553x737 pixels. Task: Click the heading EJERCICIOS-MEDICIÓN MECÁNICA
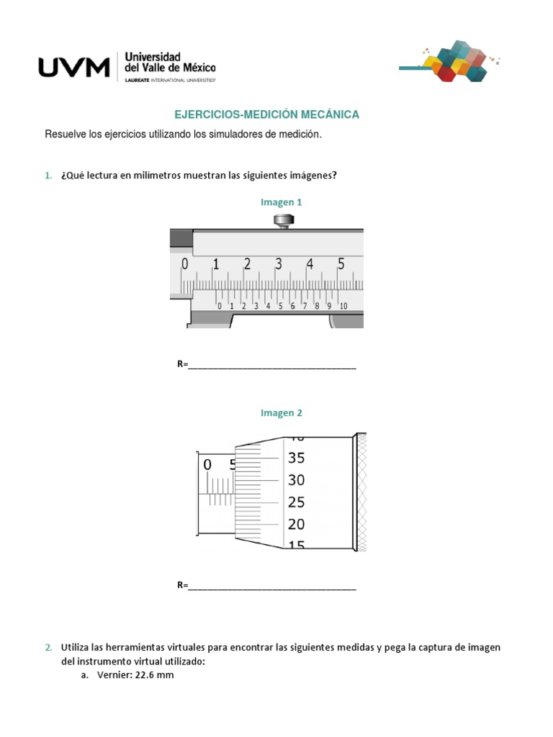click(267, 114)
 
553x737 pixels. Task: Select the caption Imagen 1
click(282, 202)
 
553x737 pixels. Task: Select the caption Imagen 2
click(282, 413)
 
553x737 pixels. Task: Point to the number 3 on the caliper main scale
click(278, 264)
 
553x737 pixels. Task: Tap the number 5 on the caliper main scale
click(341, 264)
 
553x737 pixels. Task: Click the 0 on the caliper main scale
click(184, 264)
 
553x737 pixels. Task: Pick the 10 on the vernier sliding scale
click(343, 306)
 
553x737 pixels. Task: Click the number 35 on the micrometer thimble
click(297, 458)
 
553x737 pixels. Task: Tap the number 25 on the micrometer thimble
click(297, 502)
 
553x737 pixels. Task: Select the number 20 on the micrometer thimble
click(297, 524)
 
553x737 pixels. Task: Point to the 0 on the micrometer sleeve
click(207, 465)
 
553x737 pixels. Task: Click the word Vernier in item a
click(110, 676)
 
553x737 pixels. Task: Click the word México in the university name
click(197, 68)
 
